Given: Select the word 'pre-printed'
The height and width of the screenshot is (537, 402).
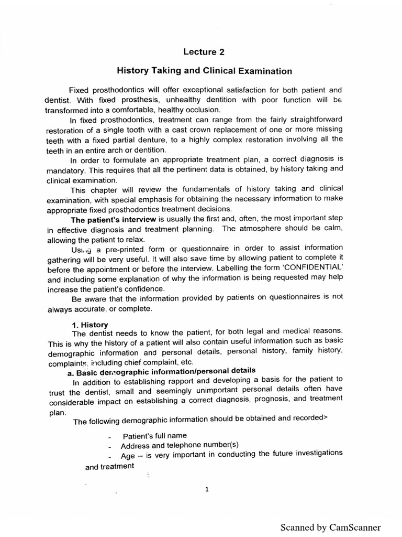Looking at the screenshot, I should [130, 249].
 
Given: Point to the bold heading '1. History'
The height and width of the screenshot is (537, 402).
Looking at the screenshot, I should [90, 325].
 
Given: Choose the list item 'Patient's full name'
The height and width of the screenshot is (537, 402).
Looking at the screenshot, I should [154, 436].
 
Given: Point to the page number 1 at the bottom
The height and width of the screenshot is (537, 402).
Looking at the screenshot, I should [207, 490].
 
